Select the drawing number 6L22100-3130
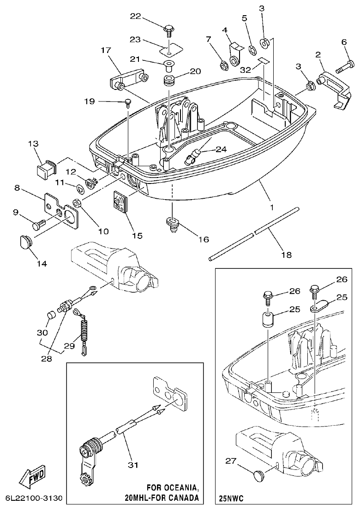coord(34,499)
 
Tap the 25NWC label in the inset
coord(231,499)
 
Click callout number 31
coord(133,465)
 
